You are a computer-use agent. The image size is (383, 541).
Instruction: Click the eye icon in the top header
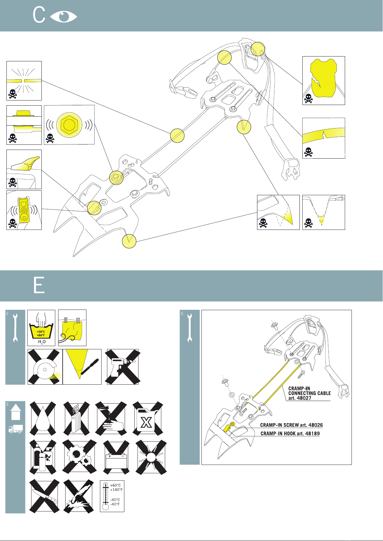64,16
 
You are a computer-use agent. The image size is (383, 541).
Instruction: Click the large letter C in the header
39,15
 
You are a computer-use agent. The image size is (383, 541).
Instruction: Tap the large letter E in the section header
39,285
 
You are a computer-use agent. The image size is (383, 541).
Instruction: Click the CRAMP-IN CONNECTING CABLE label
309,393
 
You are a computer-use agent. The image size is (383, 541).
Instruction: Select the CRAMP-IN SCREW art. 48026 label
291,425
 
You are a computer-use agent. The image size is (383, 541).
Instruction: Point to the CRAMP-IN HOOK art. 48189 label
290,433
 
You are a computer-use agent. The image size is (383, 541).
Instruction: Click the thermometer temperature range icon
112,496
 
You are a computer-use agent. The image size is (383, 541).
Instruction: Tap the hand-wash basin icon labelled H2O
41,328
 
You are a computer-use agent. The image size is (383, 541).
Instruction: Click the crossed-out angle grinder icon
45,367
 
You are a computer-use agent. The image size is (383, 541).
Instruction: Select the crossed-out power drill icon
123,367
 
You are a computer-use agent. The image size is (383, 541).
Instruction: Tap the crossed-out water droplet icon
43,419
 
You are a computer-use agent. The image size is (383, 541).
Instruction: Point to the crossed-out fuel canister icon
147,419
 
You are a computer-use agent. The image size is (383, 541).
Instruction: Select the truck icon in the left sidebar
15,429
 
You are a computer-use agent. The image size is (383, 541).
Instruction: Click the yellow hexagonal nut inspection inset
69,125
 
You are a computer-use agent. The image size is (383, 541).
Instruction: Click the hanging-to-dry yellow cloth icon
72,328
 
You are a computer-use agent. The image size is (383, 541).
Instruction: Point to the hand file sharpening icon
82,367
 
